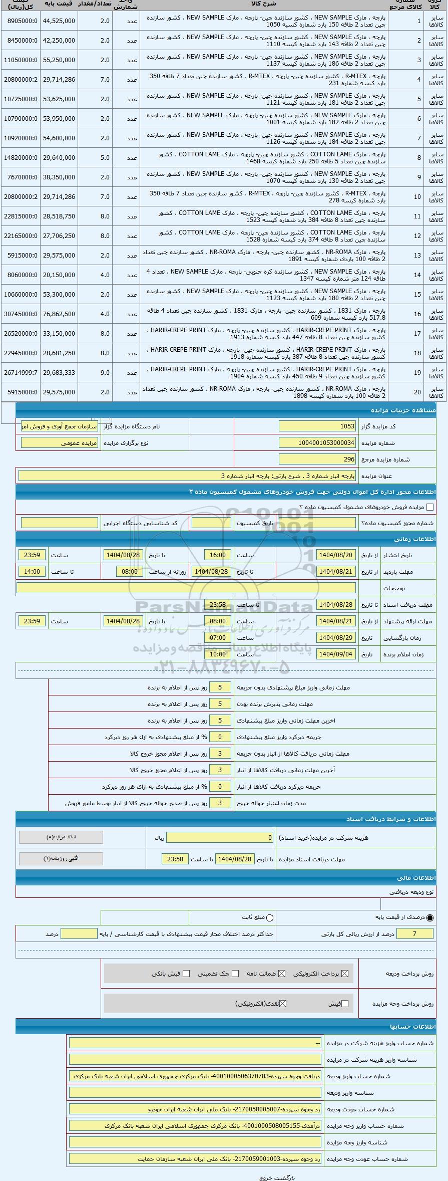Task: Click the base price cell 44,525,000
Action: pyautogui.click(x=59, y=21)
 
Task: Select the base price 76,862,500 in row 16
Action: pyautogui.click(x=59, y=314)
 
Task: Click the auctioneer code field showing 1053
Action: pyautogui.click(x=317, y=426)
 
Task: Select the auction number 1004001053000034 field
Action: pyautogui.click(x=317, y=443)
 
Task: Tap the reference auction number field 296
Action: pyautogui.click(x=317, y=459)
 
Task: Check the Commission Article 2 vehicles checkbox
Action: pyautogui.click(x=429, y=507)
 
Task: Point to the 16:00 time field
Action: pyautogui.click(x=218, y=555)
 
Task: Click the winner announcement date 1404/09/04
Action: pyautogui.click(x=336, y=654)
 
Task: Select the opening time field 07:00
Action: pyautogui.click(x=218, y=638)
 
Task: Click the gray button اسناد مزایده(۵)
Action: pyautogui.click(x=61, y=837)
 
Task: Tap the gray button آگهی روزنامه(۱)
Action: pyautogui.click(x=61, y=858)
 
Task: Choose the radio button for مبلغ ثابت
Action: pyautogui.click(x=270, y=918)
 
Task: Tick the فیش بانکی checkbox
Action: pyautogui.click(x=186, y=974)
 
